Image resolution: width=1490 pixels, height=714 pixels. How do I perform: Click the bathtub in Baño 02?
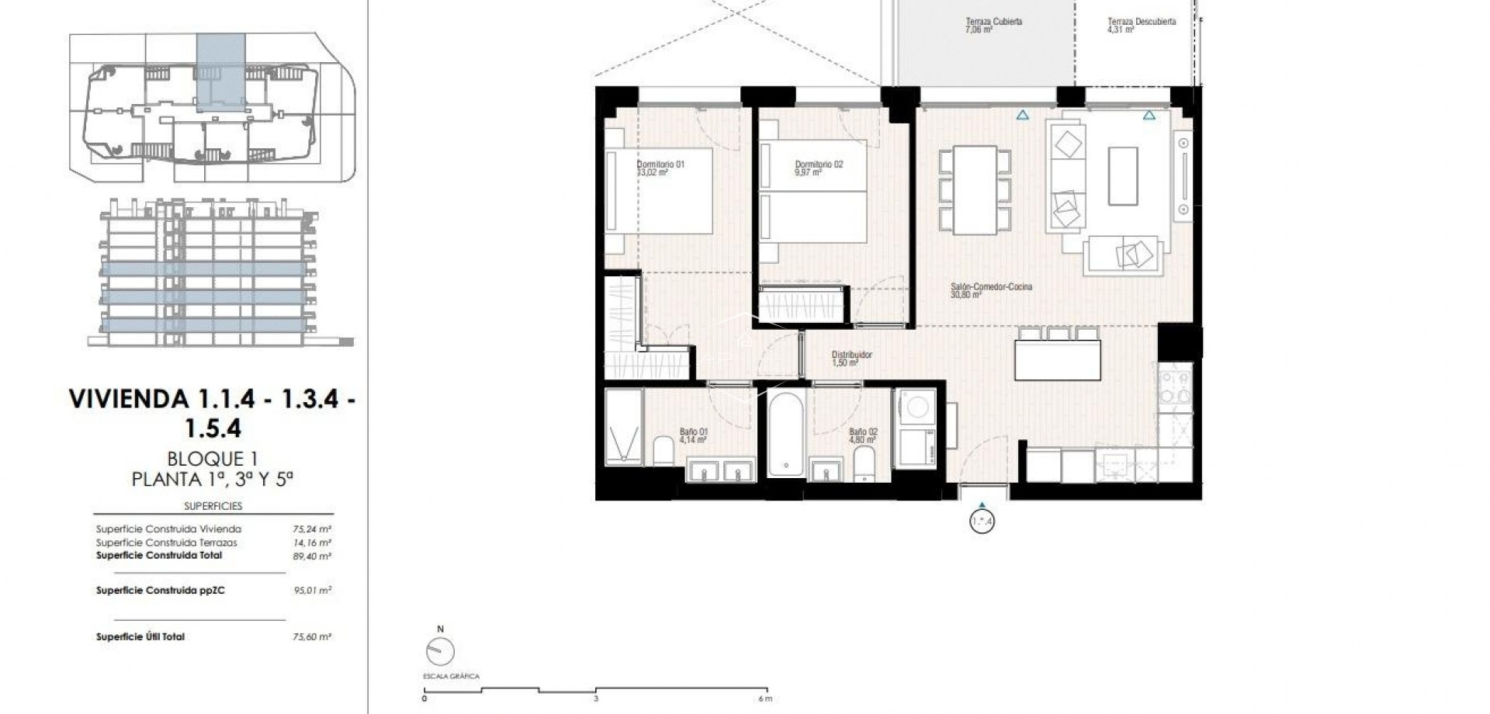coord(787,435)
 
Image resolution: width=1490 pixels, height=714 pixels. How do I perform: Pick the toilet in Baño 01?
coord(664,451)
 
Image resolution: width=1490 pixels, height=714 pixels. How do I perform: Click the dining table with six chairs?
coord(975,190)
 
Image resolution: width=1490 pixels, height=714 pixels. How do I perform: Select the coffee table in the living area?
coord(1122,176)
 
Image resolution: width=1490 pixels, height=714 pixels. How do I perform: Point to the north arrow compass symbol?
coord(440,650)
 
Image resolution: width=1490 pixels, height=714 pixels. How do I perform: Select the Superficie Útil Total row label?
coord(140,637)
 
